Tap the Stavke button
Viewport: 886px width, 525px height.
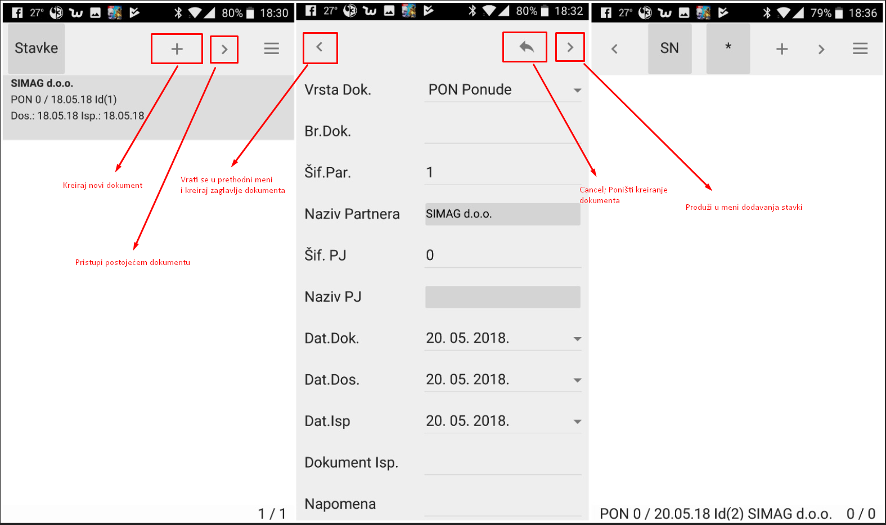37,48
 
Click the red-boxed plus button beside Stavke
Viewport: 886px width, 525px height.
177,48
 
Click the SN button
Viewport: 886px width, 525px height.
669,48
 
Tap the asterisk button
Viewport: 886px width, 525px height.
728,48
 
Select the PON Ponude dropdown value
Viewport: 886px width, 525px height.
470,90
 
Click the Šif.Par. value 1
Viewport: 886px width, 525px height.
430,173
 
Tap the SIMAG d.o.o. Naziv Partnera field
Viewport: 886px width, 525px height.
503,214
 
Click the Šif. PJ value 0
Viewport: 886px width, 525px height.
430,255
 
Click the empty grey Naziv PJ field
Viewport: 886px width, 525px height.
503,297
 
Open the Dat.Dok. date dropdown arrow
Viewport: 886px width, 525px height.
577,339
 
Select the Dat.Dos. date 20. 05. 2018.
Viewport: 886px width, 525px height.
467,379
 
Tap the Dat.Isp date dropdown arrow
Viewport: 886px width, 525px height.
577,421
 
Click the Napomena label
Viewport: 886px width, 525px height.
340,504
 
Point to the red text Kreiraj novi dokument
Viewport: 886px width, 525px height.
102,185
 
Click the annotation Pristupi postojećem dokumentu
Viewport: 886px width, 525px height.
133,262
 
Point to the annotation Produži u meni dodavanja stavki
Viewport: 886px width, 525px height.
744,207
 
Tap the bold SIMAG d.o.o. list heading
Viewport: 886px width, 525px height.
42,83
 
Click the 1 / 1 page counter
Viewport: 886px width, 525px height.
272,514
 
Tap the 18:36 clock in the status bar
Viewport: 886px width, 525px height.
863,13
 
